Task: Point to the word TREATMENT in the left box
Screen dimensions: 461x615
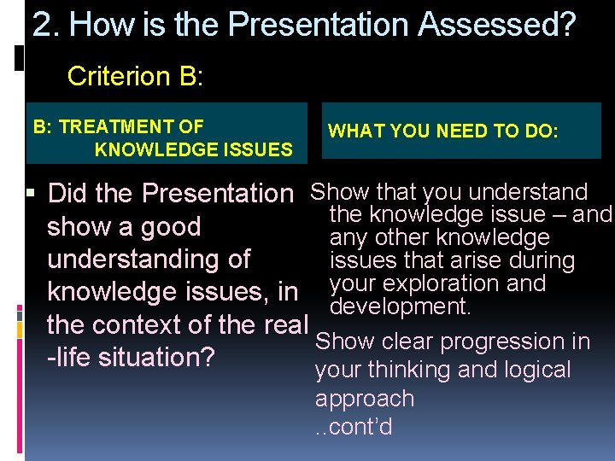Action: coord(132,127)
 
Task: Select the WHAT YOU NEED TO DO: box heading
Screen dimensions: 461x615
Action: coord(442,131)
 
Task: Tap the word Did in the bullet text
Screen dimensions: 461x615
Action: coord(68,194)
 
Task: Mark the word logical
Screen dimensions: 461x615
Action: coord(531,370)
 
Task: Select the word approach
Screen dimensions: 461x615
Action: coord(365,399)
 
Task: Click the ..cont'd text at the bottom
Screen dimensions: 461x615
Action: coord(354,426)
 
